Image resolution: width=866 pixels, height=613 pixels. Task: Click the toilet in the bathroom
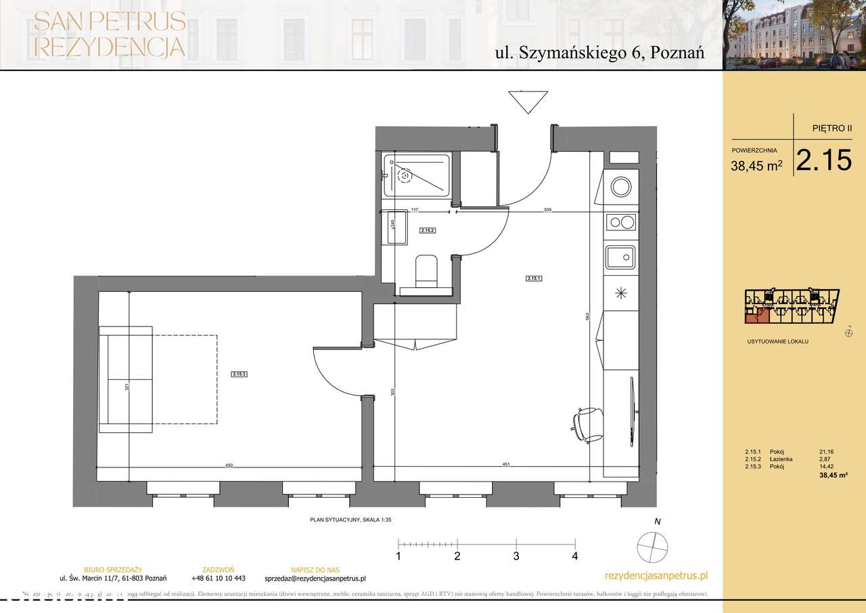(x=426, y=271)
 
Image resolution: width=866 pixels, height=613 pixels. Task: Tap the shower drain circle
(x=405, y=176)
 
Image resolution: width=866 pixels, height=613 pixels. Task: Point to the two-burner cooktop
(x=620, y=221)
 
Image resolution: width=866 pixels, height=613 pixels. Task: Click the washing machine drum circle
(x=620, y=186)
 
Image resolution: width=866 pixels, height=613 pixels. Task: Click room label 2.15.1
(x=534, y=278)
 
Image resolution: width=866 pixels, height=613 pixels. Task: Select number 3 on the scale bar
(x=516, y=556)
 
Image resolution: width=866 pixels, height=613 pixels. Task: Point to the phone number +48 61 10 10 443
(x=218, y=578)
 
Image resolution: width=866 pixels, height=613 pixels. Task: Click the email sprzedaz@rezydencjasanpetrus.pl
(x=315, y=578)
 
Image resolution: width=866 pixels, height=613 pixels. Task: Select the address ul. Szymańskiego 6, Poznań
(x=599, y=54)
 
